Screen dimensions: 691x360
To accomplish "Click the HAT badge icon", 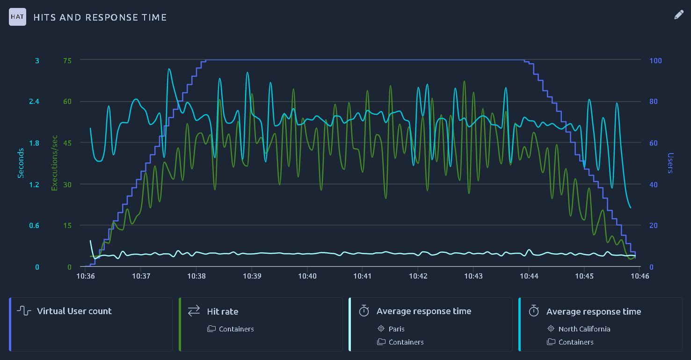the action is (17, 17).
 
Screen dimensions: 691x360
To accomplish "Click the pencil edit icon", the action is (679, 15).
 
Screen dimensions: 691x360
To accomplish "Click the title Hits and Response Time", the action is (100, 17).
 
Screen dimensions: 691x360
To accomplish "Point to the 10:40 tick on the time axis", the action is (307, 276).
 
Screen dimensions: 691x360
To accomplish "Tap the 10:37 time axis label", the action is (141, 276).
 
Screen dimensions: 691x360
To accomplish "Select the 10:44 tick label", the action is (529, 276).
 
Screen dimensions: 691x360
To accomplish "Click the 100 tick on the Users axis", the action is (655, 60).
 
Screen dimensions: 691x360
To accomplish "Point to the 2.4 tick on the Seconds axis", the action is (34, 102).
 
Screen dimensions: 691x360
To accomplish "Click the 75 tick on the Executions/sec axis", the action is (67, 60).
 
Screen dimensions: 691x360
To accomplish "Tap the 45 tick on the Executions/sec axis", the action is (67, 143).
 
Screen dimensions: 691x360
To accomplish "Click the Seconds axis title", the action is (21, 163).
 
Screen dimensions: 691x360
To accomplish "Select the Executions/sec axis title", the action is (54, 163).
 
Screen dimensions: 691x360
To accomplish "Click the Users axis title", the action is (670, 163).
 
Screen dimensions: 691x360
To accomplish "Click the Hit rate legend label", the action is (222, 311).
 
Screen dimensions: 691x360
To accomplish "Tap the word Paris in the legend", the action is (396, 329).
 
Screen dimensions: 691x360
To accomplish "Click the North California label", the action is (584, 329).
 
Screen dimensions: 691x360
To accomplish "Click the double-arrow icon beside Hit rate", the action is (194, 311).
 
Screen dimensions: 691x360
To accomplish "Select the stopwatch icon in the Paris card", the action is (364, 310).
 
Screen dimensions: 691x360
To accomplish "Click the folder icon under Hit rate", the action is (211, 329).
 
